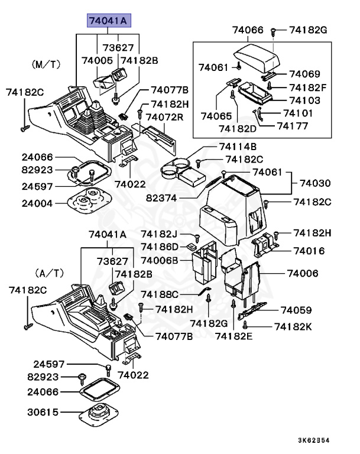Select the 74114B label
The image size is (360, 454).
(x=238, y=147)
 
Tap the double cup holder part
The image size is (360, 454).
(x=176, y=169)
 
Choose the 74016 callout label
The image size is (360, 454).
(x=310, y=251)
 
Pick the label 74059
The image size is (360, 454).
(x=297, y=310)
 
